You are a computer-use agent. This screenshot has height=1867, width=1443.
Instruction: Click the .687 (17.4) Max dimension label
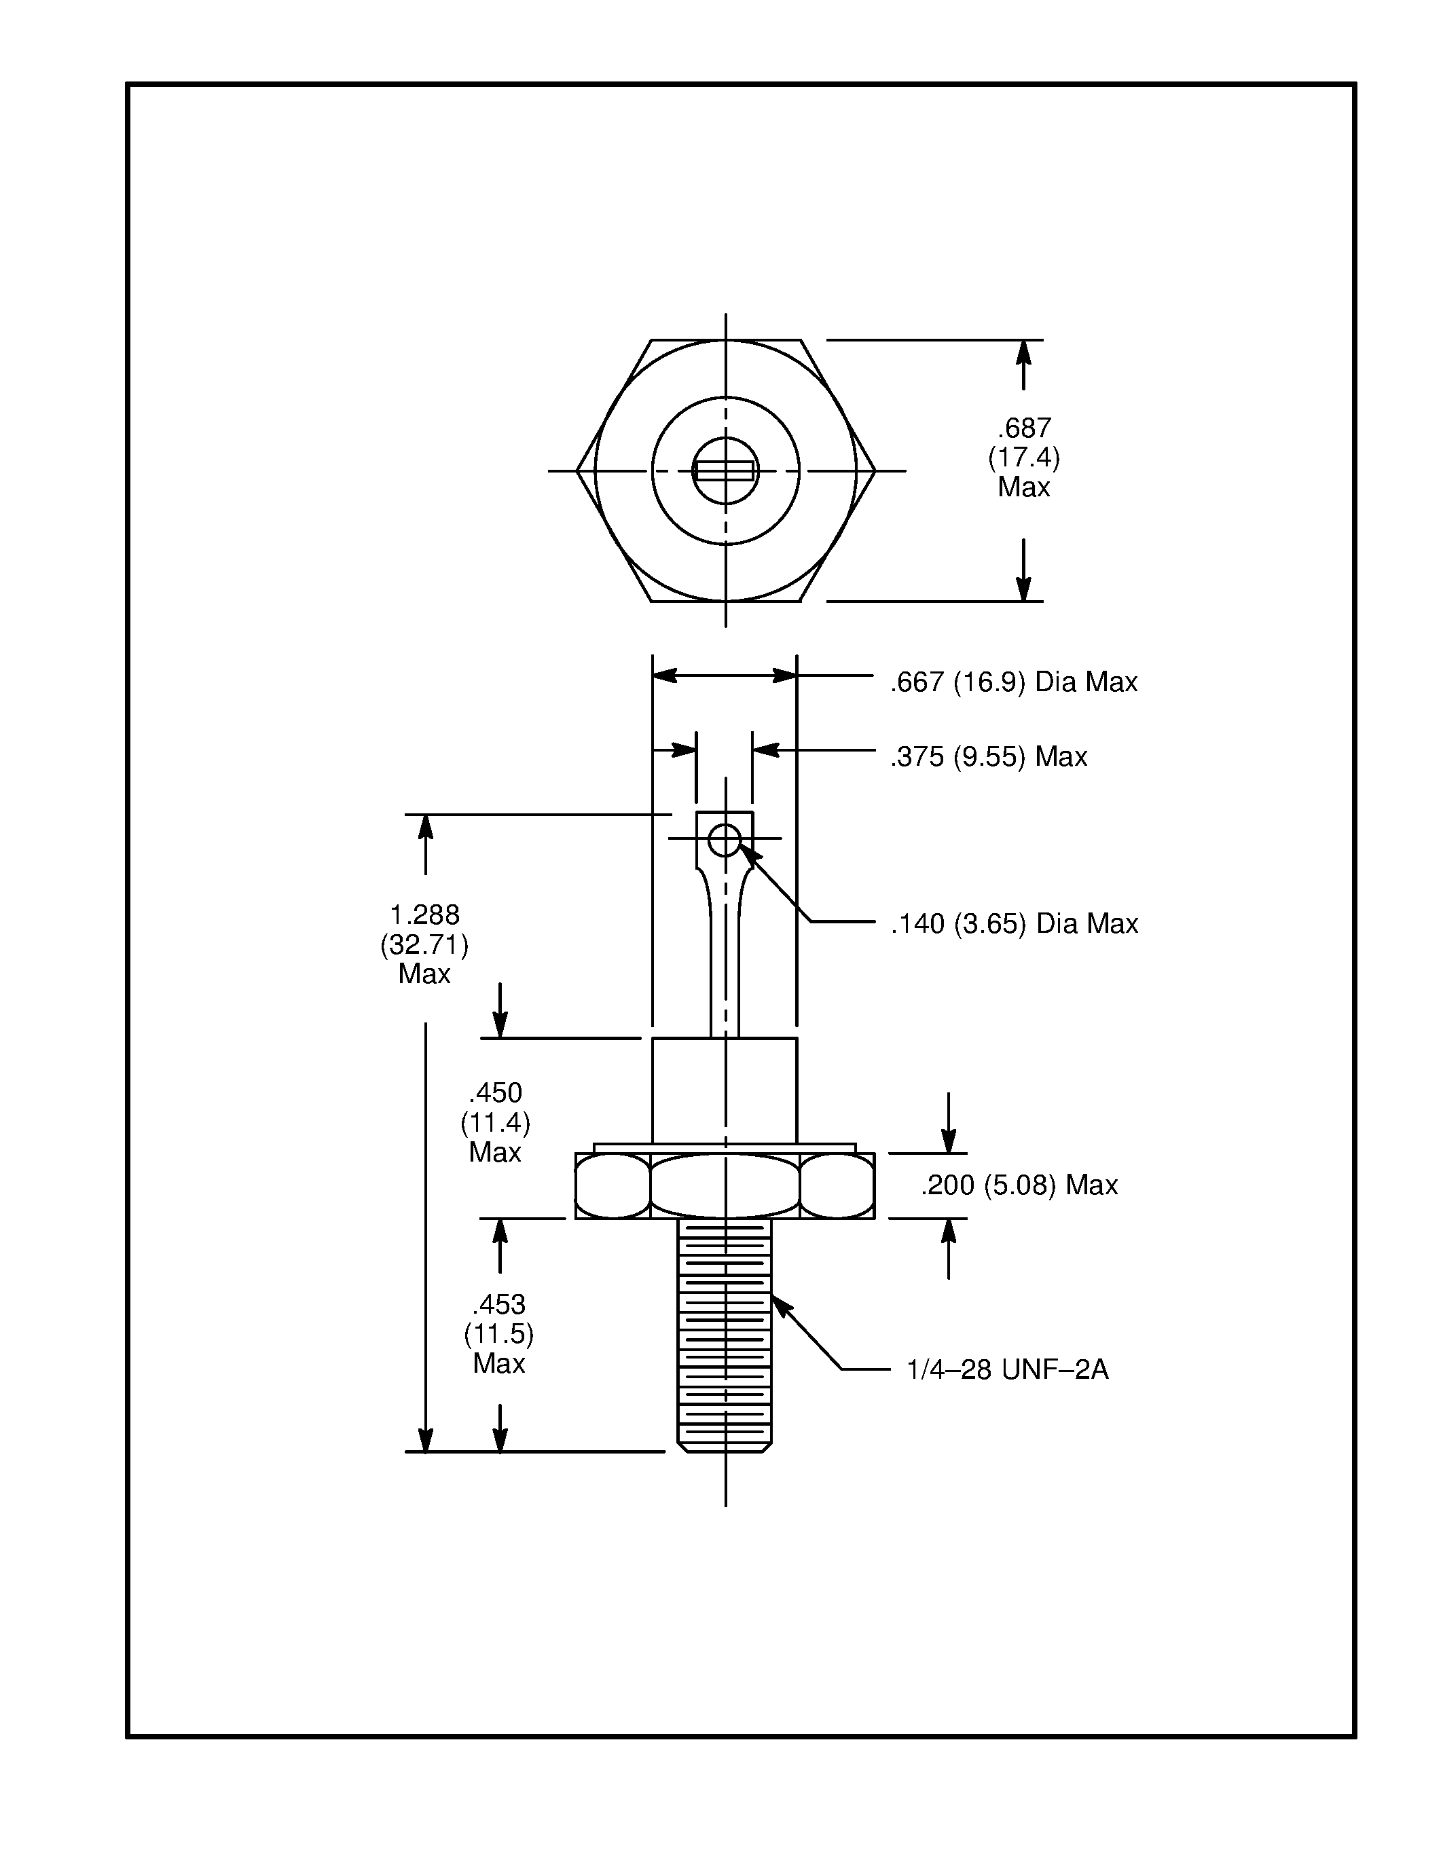(x=1023, y=458)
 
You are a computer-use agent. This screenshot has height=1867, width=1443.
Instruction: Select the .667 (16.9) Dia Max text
(x=1014, y=682)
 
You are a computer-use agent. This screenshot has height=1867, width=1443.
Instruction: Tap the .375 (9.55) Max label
(x=988, y=756)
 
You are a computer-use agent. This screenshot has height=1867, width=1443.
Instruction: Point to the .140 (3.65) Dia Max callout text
(x=1014, y=923)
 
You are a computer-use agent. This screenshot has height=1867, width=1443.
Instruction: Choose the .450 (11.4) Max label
(x=495, y=1122)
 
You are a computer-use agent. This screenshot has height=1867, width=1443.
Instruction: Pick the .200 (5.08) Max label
(x=1019, y=1185)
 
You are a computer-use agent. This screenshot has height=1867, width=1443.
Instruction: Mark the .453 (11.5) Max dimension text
(x=498, y=1333)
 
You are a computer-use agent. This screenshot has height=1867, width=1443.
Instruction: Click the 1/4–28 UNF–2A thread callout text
(x=1007, y=1369)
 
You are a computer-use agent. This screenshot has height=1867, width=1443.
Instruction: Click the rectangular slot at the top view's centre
(x=724, y=470)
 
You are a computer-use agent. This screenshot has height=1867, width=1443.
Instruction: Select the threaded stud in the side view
(x=724, y=1333)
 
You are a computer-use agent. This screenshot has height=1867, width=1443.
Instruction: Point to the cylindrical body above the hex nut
(x=724, y=1090)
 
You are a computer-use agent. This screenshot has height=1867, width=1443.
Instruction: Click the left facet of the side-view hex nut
(x=612, y=1185)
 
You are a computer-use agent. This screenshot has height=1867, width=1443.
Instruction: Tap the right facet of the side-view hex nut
(x=837, y=1185)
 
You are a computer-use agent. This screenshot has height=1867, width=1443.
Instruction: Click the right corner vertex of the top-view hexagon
(x=875, y=470)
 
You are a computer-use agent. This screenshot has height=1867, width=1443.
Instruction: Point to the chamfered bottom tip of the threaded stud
(x=724, y=1447)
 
